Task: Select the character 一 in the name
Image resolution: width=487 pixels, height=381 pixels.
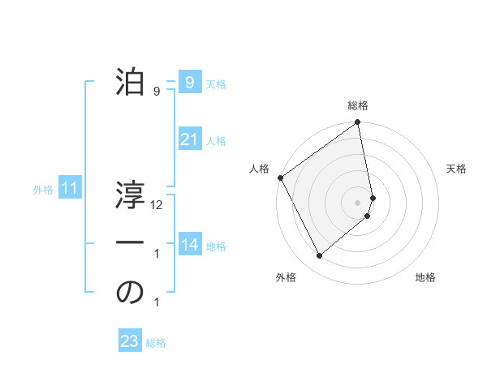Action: [130, 243]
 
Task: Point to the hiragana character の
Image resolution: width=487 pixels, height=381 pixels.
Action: [130, 293]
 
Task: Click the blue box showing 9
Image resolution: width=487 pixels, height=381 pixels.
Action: [189, 82]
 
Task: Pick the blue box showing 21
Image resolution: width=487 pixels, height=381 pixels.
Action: [189, 139]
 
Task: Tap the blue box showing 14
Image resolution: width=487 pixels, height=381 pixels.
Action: [189, 245]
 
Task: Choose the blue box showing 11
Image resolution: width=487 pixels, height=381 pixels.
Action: [70, 189]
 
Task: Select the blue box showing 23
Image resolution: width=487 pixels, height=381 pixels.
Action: [130, 341]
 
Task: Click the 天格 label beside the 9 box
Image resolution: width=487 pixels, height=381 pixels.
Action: [216, 83]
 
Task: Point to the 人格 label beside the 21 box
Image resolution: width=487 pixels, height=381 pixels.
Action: [216, 141]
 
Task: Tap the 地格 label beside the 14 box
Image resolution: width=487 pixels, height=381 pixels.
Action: [216, 246]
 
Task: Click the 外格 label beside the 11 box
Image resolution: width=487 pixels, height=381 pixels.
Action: [43, 190]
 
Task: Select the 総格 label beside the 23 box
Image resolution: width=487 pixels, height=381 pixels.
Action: [156, 343]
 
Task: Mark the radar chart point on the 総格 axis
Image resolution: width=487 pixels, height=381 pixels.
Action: [358, 123]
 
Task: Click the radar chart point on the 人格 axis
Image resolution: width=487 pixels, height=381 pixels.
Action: [280, 178]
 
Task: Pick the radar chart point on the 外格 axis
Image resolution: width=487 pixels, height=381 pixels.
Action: [319, 255]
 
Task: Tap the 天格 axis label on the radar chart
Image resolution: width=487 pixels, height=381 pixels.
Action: [457, 169]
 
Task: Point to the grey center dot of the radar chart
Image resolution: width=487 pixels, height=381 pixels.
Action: [358, 202]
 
